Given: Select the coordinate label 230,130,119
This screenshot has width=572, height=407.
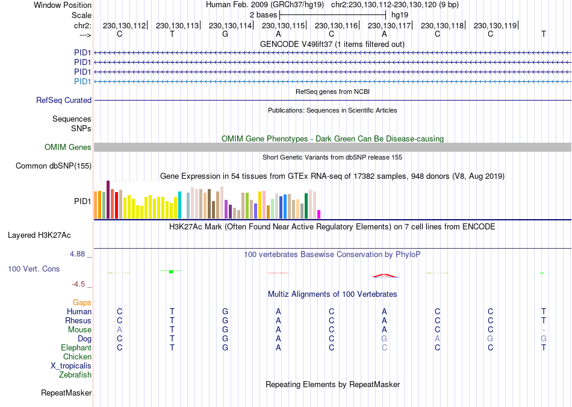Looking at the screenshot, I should pyautogui.click(x=495, y=25).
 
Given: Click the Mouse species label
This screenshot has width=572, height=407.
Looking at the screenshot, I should pyautogui.click(x=79, y=330).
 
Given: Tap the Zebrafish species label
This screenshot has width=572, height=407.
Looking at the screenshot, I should pyautogui.click(x=75, y=375).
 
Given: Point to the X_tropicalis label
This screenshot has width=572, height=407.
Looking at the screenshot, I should pyautogui.click(x=71, y=366).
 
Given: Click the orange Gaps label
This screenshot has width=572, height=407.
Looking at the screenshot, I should pyautogui.click(x=82, y=303).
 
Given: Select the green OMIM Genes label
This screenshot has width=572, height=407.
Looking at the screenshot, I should pyautogui.click(x=68, y=148).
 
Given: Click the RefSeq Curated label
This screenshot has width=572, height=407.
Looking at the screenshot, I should pyautogui.click(x=64, y=101).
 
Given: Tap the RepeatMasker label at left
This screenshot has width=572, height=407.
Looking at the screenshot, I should pyautogui.click(x=66, y=393).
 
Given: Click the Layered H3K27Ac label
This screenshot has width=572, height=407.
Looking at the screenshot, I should pyautogui.click(x=43, y=235).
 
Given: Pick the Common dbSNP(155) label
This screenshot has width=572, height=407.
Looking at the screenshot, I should pyautogui.click(x=54, y=166).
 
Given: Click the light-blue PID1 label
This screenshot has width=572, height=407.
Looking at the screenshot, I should pyautogui.click(x=82, y=81).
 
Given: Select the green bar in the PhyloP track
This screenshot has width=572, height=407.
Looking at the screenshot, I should pyautogui.click(x=171, y=272).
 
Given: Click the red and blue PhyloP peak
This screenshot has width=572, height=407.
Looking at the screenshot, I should pyautogui.click(x=385, y=276).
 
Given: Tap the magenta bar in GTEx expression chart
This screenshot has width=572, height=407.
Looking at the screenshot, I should pyautogui.click(x=319, y=214).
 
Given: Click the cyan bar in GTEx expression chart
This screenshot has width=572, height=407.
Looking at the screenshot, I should pyautogui.click(x=179, y=205).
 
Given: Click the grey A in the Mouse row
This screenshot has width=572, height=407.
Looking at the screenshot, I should pyautogui.click(x=119, y=330).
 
